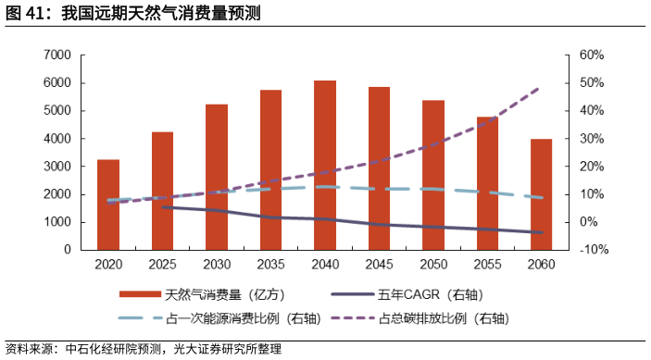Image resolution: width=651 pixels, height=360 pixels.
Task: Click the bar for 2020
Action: [x=108, y=205]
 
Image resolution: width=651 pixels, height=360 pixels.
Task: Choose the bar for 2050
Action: [x=432, y=175]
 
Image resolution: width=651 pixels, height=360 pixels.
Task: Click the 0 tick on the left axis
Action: [x=68, y=250]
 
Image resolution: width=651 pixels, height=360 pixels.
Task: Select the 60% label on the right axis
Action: [x=592, y=56]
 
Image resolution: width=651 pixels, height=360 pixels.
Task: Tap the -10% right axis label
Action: [x=592, y=250]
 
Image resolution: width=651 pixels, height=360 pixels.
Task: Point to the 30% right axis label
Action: [x=592, y=139]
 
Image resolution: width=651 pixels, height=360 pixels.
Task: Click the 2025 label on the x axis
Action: [x=162, y=266]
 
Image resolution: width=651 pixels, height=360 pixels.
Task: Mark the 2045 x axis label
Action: [x=379, y=266]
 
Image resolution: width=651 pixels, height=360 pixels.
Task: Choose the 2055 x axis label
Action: [x=487, y=266]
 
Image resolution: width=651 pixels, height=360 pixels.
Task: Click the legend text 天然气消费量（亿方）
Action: [x=216, y=295]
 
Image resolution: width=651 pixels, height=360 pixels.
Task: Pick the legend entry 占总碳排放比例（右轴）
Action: [x=444, y=317]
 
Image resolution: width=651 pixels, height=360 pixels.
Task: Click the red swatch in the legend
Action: [x=140, y=295]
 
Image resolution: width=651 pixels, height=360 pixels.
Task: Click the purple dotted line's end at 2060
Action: [x=541, y=88]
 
